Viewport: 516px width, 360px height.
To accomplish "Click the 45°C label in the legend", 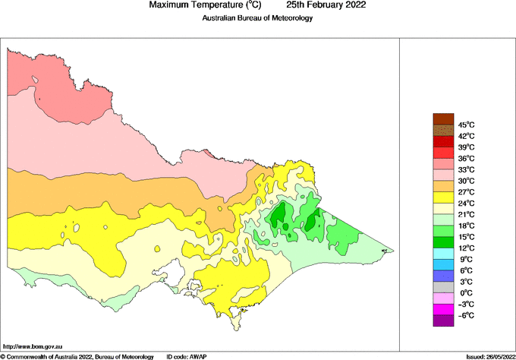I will [466, 125].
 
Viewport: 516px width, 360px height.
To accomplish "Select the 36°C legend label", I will [466, 158].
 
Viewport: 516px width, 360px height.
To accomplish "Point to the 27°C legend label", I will [466, 192].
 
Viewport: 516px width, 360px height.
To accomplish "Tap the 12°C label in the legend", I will [466, 248].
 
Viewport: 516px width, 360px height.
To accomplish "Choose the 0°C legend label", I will [465, 293].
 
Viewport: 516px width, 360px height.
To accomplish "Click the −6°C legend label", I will [465, 315].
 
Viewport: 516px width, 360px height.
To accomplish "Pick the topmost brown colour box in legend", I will [443, 118].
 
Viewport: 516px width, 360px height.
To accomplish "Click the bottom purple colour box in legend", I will [443, 321].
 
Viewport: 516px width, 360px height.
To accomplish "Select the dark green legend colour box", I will [443, 242].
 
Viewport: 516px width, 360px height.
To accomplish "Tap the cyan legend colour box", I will [443, 254].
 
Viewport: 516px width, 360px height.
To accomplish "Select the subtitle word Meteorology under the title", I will [288, 17].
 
